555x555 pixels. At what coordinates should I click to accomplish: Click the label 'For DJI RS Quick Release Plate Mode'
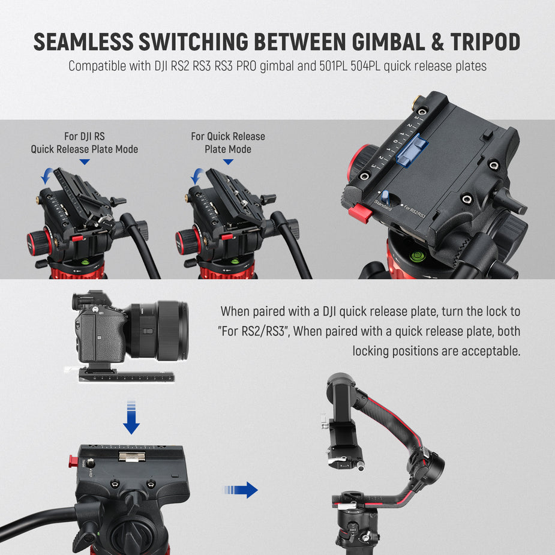pyautogui.click(x=85, y=143)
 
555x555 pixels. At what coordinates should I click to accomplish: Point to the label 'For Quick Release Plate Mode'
pyautogui.click(x=228, y=143)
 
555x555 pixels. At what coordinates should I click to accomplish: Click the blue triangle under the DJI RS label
pyautogui.click(x=85, y=162)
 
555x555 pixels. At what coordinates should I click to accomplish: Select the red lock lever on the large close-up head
pyautogui.click(x=361, y=212)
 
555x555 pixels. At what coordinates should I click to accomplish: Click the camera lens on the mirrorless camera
pyautogui.click(x=165, y=330)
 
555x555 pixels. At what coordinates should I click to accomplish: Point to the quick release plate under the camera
pyautogui.click(x=126, y=375)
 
